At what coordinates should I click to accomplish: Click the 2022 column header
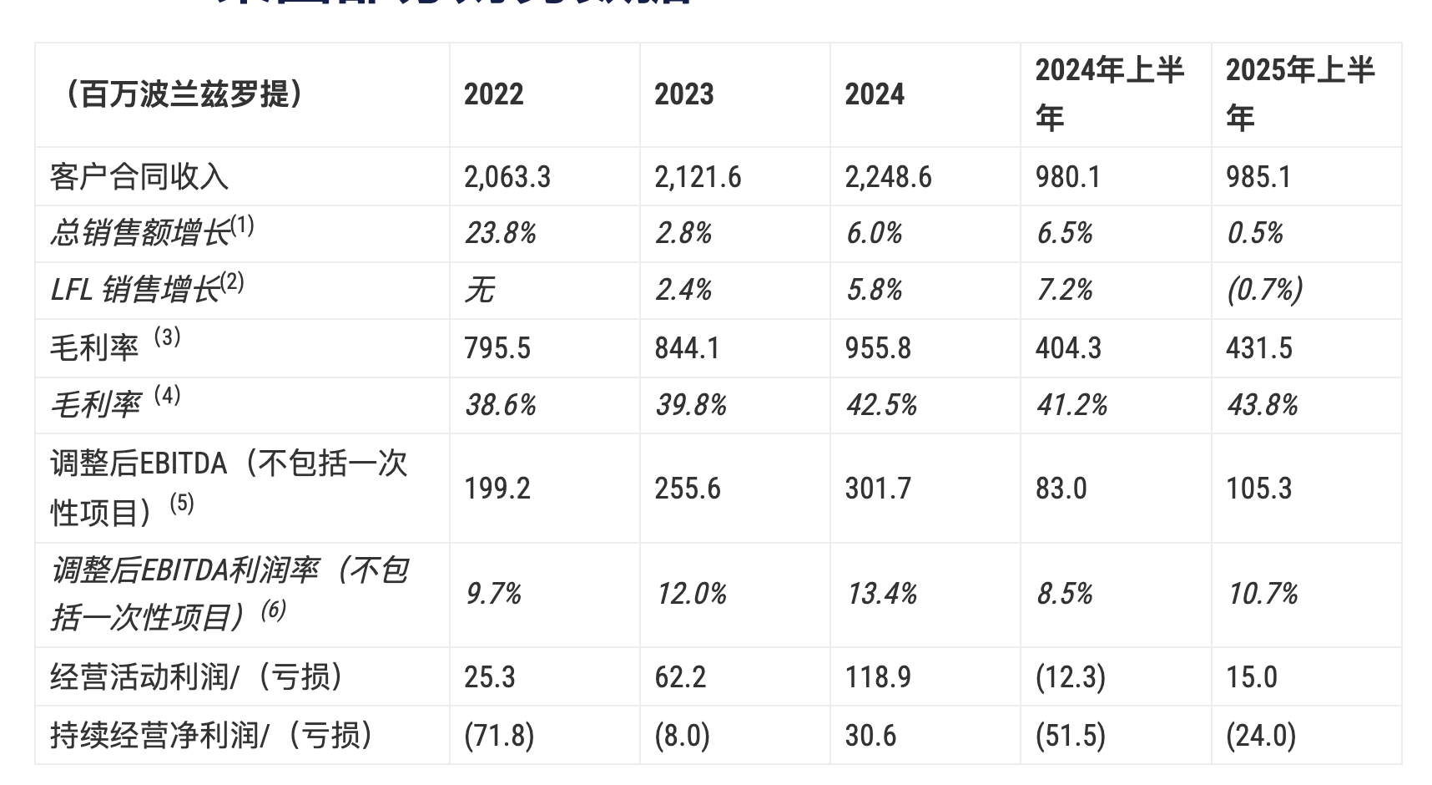coord(494,94)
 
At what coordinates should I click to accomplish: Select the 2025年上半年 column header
coord(1299,94)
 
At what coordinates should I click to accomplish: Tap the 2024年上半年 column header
coord(1109,94)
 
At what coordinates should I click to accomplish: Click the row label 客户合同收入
coord(139,177)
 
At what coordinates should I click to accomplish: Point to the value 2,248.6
coord(888,177)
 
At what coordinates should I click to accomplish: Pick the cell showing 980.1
coord(1068,177)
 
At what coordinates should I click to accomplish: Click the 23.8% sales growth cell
coord(501,233)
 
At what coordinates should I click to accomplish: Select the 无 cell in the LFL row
coord(480,290)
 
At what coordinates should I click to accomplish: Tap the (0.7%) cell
coord(1264,290)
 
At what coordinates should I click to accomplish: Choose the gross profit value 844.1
coord(687,347)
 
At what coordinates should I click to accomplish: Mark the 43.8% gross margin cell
coord(1262,405)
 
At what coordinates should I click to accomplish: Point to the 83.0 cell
coord(1061,488)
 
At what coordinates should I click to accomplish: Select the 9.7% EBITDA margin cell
coord(493,594)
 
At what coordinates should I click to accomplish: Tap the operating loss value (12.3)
coord(1070,676)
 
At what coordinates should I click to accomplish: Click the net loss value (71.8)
coord(499,736)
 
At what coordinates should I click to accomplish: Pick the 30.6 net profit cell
coord(870,736)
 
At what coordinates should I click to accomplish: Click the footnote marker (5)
coord(182,504)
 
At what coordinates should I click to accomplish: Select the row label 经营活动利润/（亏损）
coord(196,676)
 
